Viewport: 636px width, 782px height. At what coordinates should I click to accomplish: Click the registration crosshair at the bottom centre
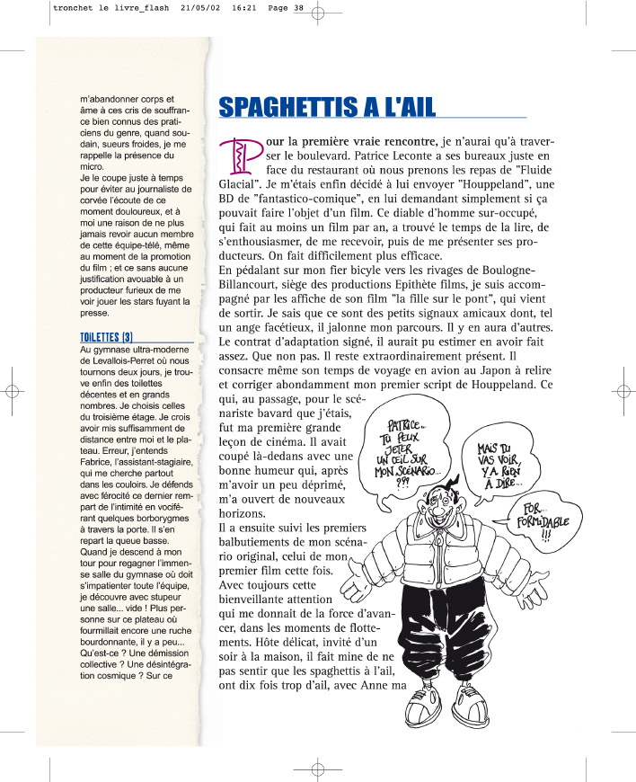(317, 770)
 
